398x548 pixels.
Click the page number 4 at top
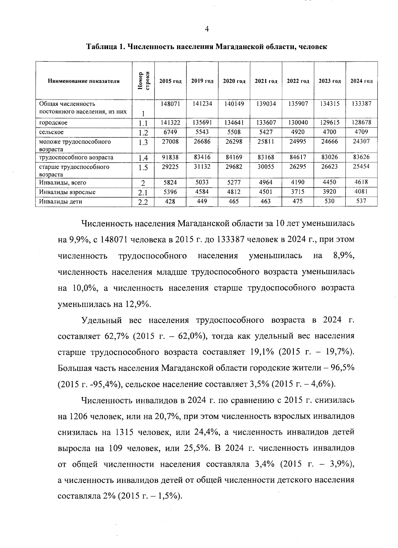click(x=207, y=29)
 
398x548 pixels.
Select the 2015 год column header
click(x=170, y=81)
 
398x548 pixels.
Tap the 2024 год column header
click(x=362, y=81)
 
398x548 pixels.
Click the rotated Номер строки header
click(x=143, y=81)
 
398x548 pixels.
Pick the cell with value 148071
click(x=170, y=104)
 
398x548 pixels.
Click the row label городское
click(x=53, y=123)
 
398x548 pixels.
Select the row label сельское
click(x=51, y=132)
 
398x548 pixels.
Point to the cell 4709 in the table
click(x=362, y=132)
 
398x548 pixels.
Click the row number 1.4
click(x=143, y=158)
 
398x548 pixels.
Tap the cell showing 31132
click(x=202, y=167)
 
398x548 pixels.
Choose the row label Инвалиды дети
click(x=61, y=201)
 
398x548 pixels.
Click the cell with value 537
click(x=361, y=201)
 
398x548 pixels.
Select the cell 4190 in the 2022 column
click(x=298, y=182)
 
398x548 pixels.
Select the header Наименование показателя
click(x=84, y=81)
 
